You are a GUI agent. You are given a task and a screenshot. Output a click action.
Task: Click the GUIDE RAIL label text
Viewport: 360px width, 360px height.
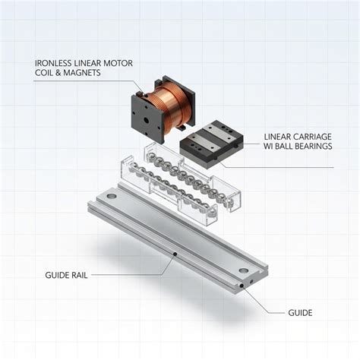coord(66,275)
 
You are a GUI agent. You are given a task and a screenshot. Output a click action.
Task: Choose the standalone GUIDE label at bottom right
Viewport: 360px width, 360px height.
coord(300,313)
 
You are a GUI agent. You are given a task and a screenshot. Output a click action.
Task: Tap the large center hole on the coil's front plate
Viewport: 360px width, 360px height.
coord(147,120)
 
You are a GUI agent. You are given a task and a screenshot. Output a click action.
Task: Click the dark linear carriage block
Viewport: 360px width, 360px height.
coord(212,144)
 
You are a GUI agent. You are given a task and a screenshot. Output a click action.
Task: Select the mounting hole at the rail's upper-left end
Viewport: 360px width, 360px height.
coord(112,196)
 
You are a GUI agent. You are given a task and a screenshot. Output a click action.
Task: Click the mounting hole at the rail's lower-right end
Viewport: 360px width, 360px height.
coord(243,270)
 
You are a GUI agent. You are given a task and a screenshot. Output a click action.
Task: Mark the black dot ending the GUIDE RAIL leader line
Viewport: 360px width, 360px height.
coord(175,254)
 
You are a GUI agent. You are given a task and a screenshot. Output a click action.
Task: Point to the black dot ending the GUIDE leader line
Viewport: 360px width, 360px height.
coord(242,286)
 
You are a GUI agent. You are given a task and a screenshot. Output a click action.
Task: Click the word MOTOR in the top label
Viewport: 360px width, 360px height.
coord(118,63)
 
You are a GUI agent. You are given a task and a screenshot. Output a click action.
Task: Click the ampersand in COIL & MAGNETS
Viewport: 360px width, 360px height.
coord(58,73)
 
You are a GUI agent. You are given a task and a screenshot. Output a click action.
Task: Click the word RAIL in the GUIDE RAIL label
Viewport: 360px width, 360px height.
coord(79,275)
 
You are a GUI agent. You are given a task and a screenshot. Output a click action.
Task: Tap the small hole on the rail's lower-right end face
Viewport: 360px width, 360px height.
coord(251,281)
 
